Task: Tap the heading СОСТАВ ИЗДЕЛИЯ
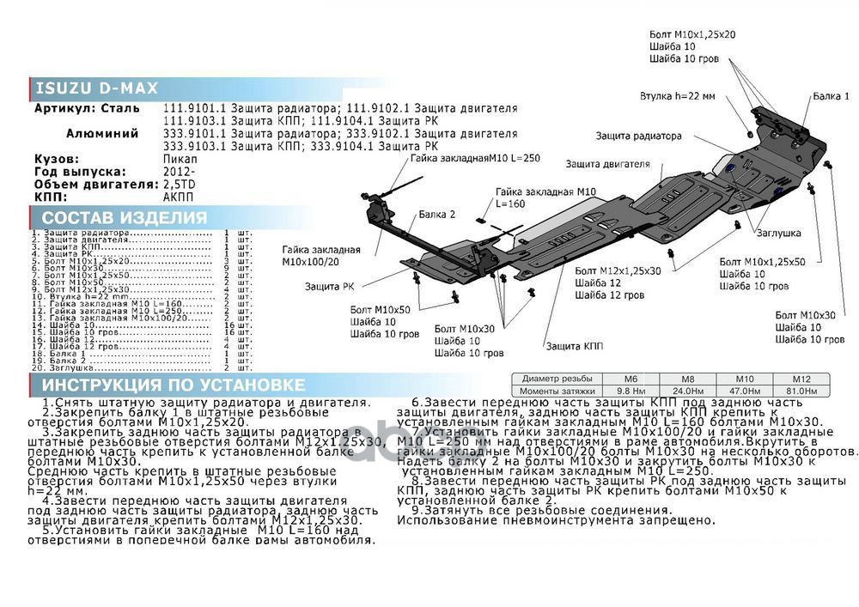(125, 218)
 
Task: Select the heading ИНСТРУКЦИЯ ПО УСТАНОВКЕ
(173, 385)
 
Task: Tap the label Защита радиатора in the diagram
(639, 136)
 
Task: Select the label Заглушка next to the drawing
(779, 233)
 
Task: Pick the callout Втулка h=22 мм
(677, 96)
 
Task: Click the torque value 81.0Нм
(801, 391)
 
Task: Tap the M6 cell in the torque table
(631, 379)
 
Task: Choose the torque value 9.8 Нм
(631, 391)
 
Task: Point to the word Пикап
(180, 160)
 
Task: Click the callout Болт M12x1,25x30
(618, 270)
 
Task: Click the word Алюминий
(102, 134)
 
